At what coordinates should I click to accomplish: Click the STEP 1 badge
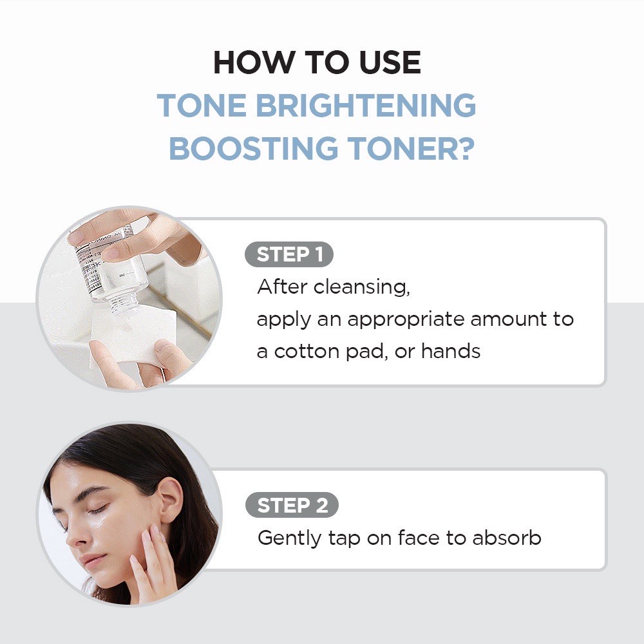(289, 255)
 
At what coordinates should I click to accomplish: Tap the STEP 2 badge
(292, 506)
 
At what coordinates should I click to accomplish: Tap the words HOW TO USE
(317, 62)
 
